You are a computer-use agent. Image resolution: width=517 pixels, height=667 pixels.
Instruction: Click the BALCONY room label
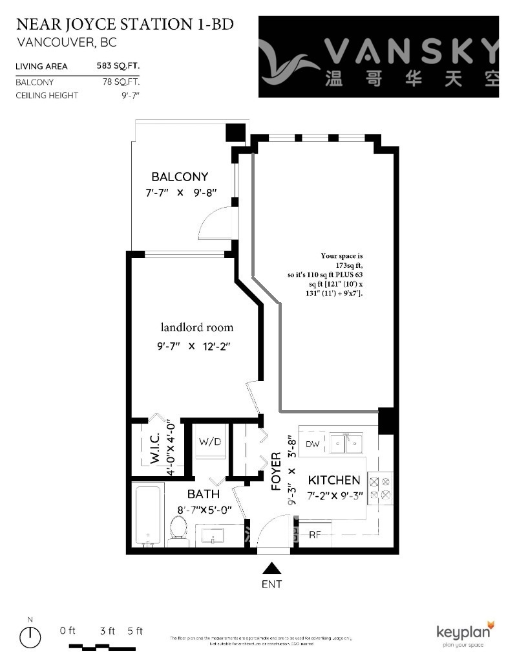180,177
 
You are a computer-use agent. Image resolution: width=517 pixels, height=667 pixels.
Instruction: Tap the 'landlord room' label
197,327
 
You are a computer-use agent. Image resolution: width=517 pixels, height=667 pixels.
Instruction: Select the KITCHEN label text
333,480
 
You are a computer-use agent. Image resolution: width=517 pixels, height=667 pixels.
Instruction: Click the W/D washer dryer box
209,443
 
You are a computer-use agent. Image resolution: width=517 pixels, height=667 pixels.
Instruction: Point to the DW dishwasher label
312,444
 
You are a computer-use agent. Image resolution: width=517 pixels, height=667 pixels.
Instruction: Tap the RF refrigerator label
315,535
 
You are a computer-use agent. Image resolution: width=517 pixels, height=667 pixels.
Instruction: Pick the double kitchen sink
346,443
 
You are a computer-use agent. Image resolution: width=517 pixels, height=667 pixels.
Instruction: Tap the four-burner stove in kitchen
379,488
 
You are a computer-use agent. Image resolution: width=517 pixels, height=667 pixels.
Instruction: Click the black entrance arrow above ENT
272,568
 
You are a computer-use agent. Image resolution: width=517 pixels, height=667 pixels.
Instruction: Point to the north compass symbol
30,638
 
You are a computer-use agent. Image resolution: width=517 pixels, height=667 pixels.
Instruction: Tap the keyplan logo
465,633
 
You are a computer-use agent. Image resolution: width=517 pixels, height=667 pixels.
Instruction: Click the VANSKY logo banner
379,57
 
